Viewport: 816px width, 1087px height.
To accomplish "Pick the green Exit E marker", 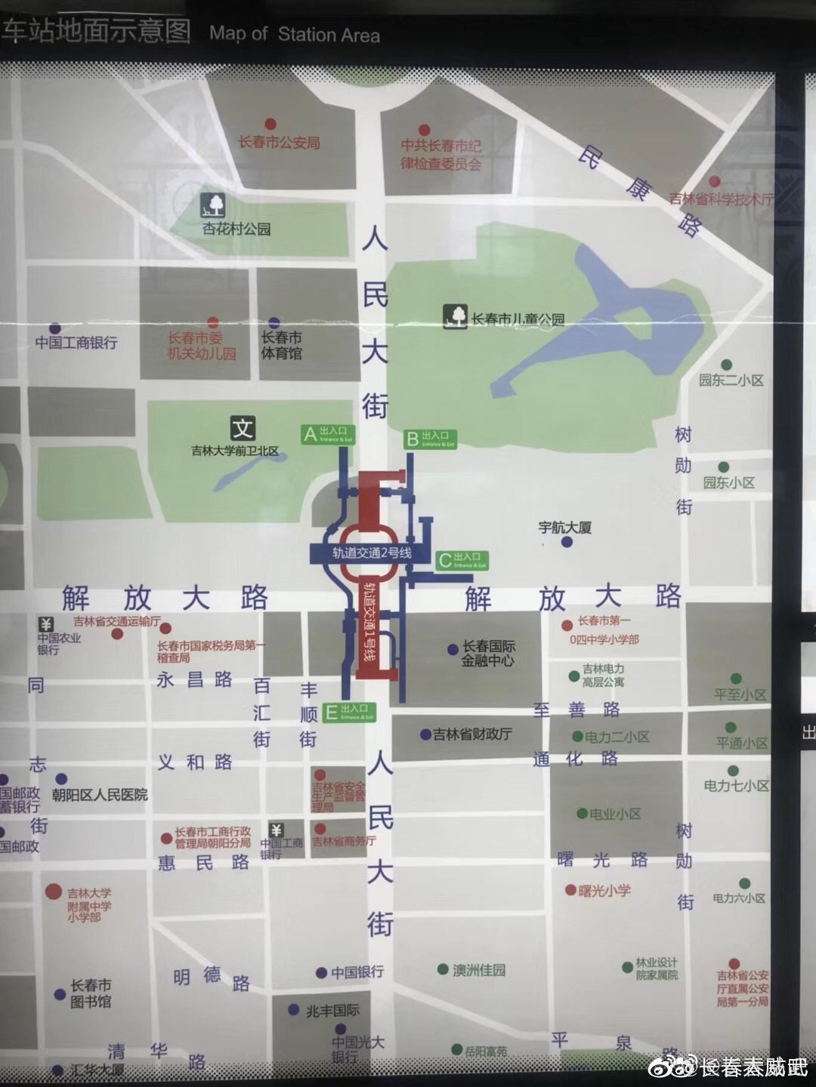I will coord(349,712).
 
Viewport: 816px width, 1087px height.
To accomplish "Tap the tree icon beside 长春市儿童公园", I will coord(455,317).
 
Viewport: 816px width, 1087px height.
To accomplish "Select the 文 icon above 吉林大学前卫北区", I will coord(242,429).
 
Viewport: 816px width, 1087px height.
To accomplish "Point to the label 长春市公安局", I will coord(280,142).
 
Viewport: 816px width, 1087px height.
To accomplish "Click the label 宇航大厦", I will coord(564,527).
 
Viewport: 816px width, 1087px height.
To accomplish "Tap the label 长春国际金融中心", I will coord(488,653).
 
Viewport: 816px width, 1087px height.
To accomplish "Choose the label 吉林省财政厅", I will coord(472,734).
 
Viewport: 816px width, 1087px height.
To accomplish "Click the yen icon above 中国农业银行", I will coord(46,624).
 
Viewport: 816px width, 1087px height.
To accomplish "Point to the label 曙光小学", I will coord(604,891).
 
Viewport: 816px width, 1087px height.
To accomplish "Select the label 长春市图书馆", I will coord(91,993).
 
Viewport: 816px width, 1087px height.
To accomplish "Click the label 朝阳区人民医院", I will coord(100,795).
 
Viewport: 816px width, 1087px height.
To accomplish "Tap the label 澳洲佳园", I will coord(479,970).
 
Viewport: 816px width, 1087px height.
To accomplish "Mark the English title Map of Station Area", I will coord(295,34).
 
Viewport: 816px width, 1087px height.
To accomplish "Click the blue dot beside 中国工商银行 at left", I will coord(55,329).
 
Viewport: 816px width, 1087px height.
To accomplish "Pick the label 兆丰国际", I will coord(332,1010).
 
